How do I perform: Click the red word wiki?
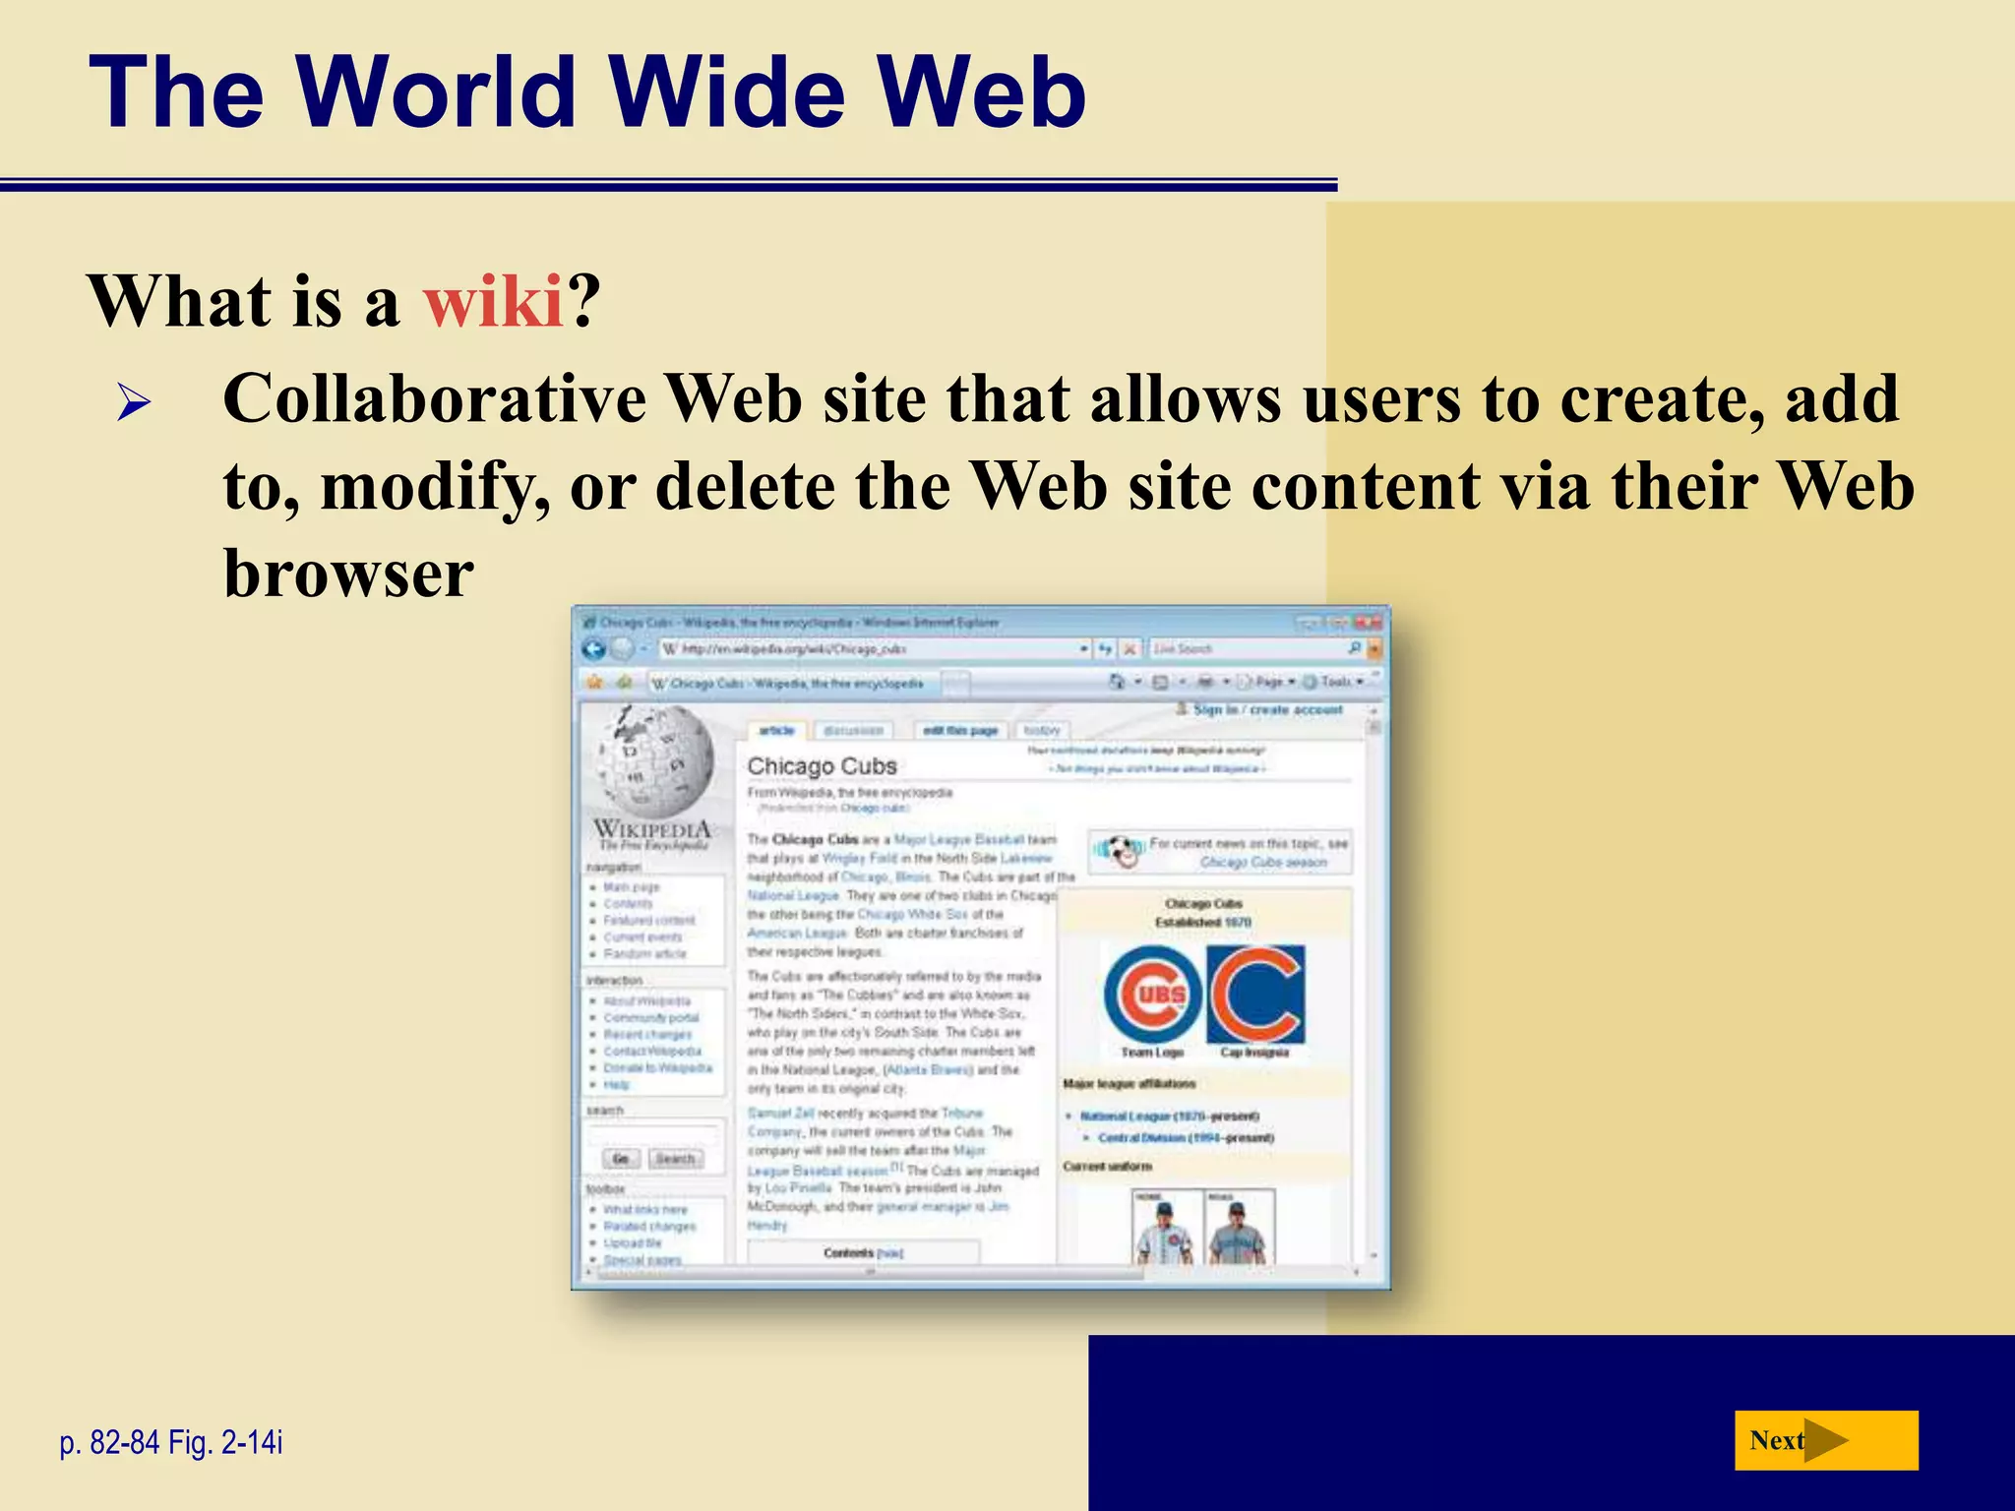pos(493,301)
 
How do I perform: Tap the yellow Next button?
pos(1825,1440)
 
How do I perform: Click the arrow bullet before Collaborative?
pos(133,403)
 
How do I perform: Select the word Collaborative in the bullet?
pos(434,399)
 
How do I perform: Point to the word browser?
pos(348,574)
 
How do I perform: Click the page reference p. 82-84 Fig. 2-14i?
pos(171,1442)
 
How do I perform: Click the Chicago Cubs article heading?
pos(822,765)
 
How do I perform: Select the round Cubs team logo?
pos(1152,994)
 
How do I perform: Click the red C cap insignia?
pos(1255,994)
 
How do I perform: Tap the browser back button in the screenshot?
pos(593,648)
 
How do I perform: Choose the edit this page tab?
pos(959,730)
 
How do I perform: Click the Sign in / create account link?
pos(1267,709)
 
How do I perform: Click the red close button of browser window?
pos(1368,622)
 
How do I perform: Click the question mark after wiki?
pos(583,301)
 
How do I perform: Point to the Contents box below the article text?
pos(862,1252)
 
